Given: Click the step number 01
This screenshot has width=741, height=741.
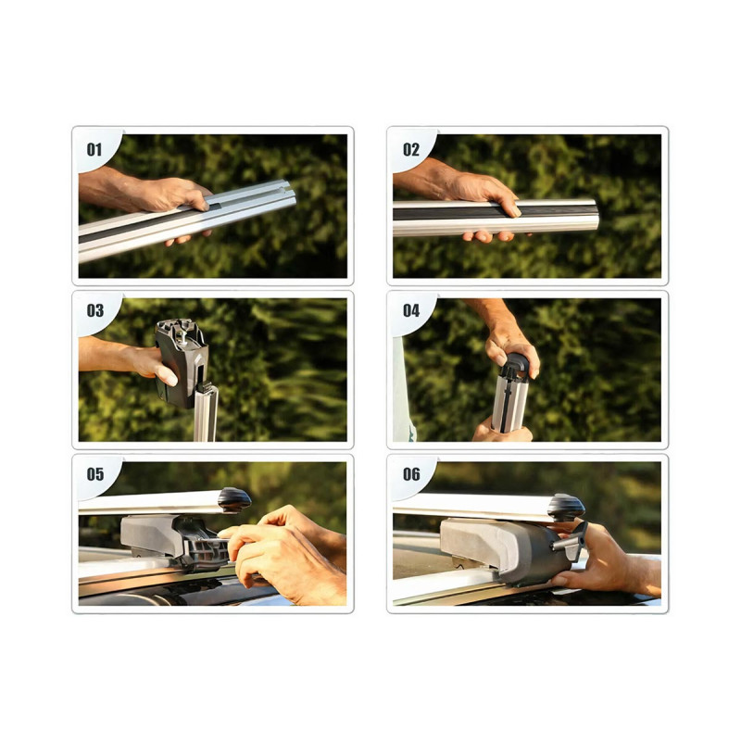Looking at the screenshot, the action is coord(94,150).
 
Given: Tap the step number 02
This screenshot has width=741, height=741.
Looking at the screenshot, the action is coord(411,150).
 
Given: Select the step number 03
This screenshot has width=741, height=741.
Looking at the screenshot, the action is coord(95,310).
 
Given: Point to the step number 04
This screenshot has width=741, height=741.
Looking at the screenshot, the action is coord(411,310).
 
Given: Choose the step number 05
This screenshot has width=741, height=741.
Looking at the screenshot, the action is coord(95,474).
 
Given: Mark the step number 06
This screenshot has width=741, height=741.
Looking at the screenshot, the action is coord(411,474).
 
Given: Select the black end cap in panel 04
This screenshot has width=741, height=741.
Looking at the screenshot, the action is coord(514,366).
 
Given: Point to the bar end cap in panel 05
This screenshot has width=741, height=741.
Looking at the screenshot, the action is coord(234,500).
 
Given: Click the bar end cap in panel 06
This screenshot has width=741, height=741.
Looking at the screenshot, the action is coord(567,507).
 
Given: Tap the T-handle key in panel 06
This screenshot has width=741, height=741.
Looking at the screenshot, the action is coord(572,543).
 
